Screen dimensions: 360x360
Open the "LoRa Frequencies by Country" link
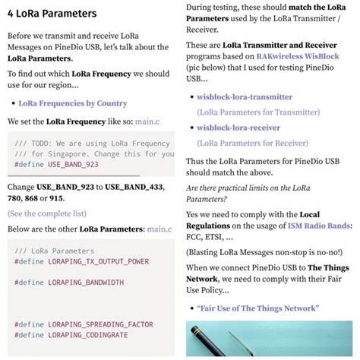72,103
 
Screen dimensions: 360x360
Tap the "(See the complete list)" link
46,213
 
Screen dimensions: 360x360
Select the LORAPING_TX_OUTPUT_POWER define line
81,261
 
